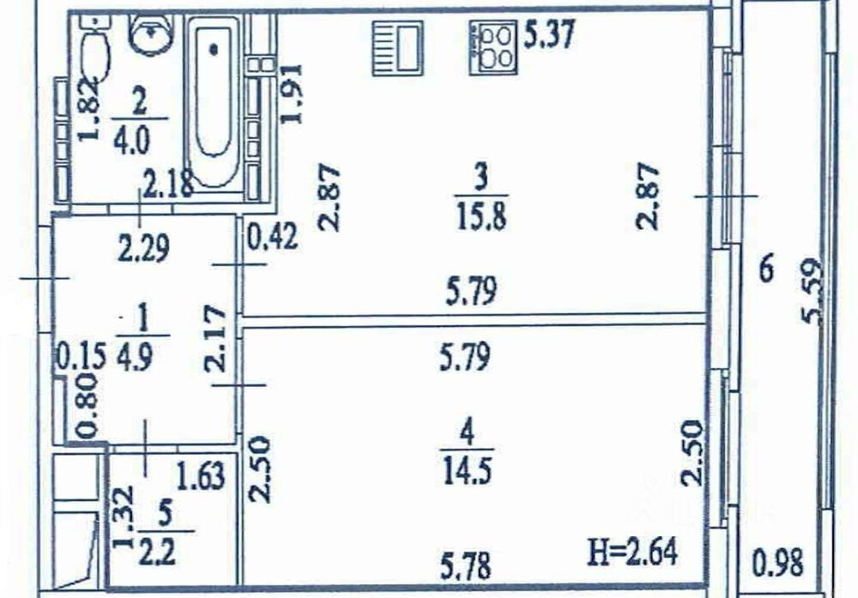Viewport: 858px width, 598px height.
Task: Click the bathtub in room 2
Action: (214, 102)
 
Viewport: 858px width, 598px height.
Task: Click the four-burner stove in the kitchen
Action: (493, 47)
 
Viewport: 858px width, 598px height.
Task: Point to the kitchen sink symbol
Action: (398, 47)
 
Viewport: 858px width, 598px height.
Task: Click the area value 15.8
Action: (481, 215)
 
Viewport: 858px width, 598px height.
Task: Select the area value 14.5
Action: (467, 469)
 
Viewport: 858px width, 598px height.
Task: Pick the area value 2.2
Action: (157, 551)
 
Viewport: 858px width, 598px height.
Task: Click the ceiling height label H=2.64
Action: (632, 553)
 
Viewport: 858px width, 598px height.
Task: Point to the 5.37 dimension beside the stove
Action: (549, 35)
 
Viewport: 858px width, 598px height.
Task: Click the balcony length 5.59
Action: (812, 291)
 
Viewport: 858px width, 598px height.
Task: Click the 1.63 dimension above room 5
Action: (201, 475)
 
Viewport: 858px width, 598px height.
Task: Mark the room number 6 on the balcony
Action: (767, 269)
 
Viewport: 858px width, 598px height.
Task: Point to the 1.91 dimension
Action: (291, 94)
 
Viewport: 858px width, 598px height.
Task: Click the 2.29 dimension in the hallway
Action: (143, 248)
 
